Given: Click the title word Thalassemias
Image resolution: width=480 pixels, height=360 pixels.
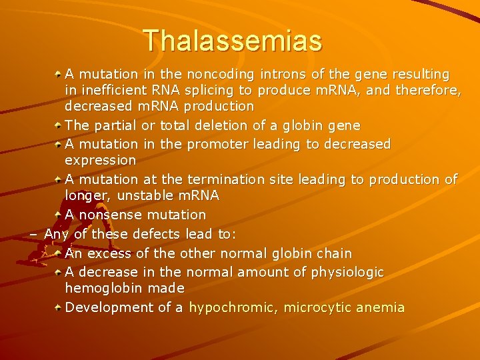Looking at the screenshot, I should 233,40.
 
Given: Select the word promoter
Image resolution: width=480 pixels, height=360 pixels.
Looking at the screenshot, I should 217,144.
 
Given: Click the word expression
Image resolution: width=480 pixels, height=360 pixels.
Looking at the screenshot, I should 100,161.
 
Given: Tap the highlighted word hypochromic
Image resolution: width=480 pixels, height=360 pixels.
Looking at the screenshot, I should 233,307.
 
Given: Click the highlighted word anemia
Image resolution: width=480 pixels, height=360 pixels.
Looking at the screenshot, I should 381,307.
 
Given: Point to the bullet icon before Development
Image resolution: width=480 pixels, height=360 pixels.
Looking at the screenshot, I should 59,307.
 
